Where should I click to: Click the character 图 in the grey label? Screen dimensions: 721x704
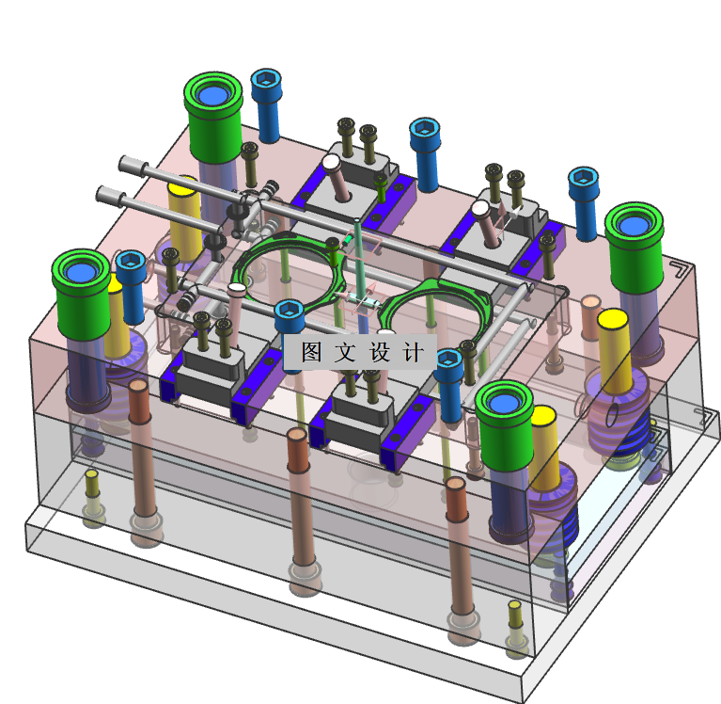click(x=311, y=352)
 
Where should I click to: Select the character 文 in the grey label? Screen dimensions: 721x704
click(x=345, y=352)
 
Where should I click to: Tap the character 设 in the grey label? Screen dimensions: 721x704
click(x=380, y=352)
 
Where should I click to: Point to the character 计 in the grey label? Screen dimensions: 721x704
click(x=413, y=352)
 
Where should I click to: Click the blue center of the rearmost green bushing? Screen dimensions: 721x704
click(x=212, y=94)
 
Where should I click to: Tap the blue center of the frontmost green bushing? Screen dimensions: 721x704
click(x=504, y=404)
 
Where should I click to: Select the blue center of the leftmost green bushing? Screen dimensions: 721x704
click(x=81, y=272)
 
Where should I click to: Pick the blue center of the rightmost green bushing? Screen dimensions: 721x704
click(x=634, y=225)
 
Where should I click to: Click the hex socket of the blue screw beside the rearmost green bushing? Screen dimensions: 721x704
click(x=266, y=79)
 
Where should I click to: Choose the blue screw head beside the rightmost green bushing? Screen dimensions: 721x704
click(x=584, y=179)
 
